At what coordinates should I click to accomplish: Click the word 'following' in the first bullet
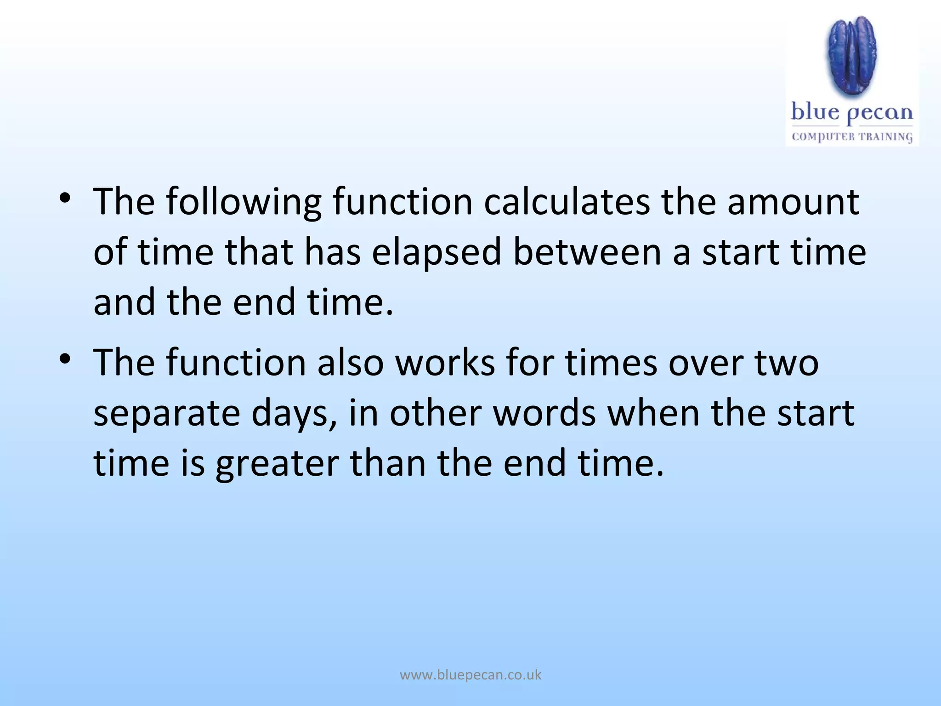pyautogui.click(x=243, y=202)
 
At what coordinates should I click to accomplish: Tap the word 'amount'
pyautogui.click(x=793, y=202)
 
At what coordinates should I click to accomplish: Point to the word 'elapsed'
pyautogui.click(x=436, y=253)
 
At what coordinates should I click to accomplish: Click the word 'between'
pyautogui.click(x=587, y=253)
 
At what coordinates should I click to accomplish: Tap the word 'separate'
pyautogui.click(x=167, y=414)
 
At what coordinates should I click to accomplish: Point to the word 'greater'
pyautogui.click(x=277, y=463)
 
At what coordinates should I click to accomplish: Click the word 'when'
pyautogui.click(x=653, y=414)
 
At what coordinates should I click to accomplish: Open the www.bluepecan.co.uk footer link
pyautogui.click(x=470, y=675)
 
